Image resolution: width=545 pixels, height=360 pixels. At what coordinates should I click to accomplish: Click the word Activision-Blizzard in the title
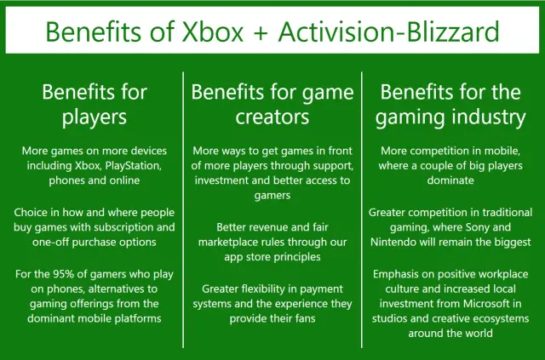click(x=388, y=31)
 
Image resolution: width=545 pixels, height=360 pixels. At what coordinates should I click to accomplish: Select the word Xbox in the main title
click(x=213, y=31)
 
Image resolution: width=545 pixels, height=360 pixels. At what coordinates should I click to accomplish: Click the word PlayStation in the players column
click(x=134, y=165)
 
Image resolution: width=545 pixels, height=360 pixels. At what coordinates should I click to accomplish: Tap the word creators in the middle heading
click(x=272, y=117)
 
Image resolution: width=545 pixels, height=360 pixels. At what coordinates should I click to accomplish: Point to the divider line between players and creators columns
click(x=183, y=210)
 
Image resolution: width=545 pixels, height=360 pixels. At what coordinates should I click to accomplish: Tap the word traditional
click(x=507, y=212)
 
